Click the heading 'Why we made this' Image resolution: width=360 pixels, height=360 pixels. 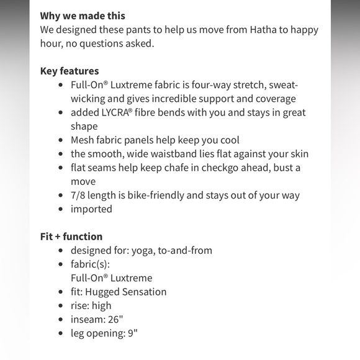(83, 16)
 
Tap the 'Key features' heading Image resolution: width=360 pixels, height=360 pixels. (70, 71)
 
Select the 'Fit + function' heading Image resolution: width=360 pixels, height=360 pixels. (71, 236)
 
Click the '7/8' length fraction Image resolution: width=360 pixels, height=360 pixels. (79, 195)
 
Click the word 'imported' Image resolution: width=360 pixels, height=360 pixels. (91, 209)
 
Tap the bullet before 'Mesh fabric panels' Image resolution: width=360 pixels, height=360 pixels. (60, 140)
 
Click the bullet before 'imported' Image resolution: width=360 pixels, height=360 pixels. (60, 209)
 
